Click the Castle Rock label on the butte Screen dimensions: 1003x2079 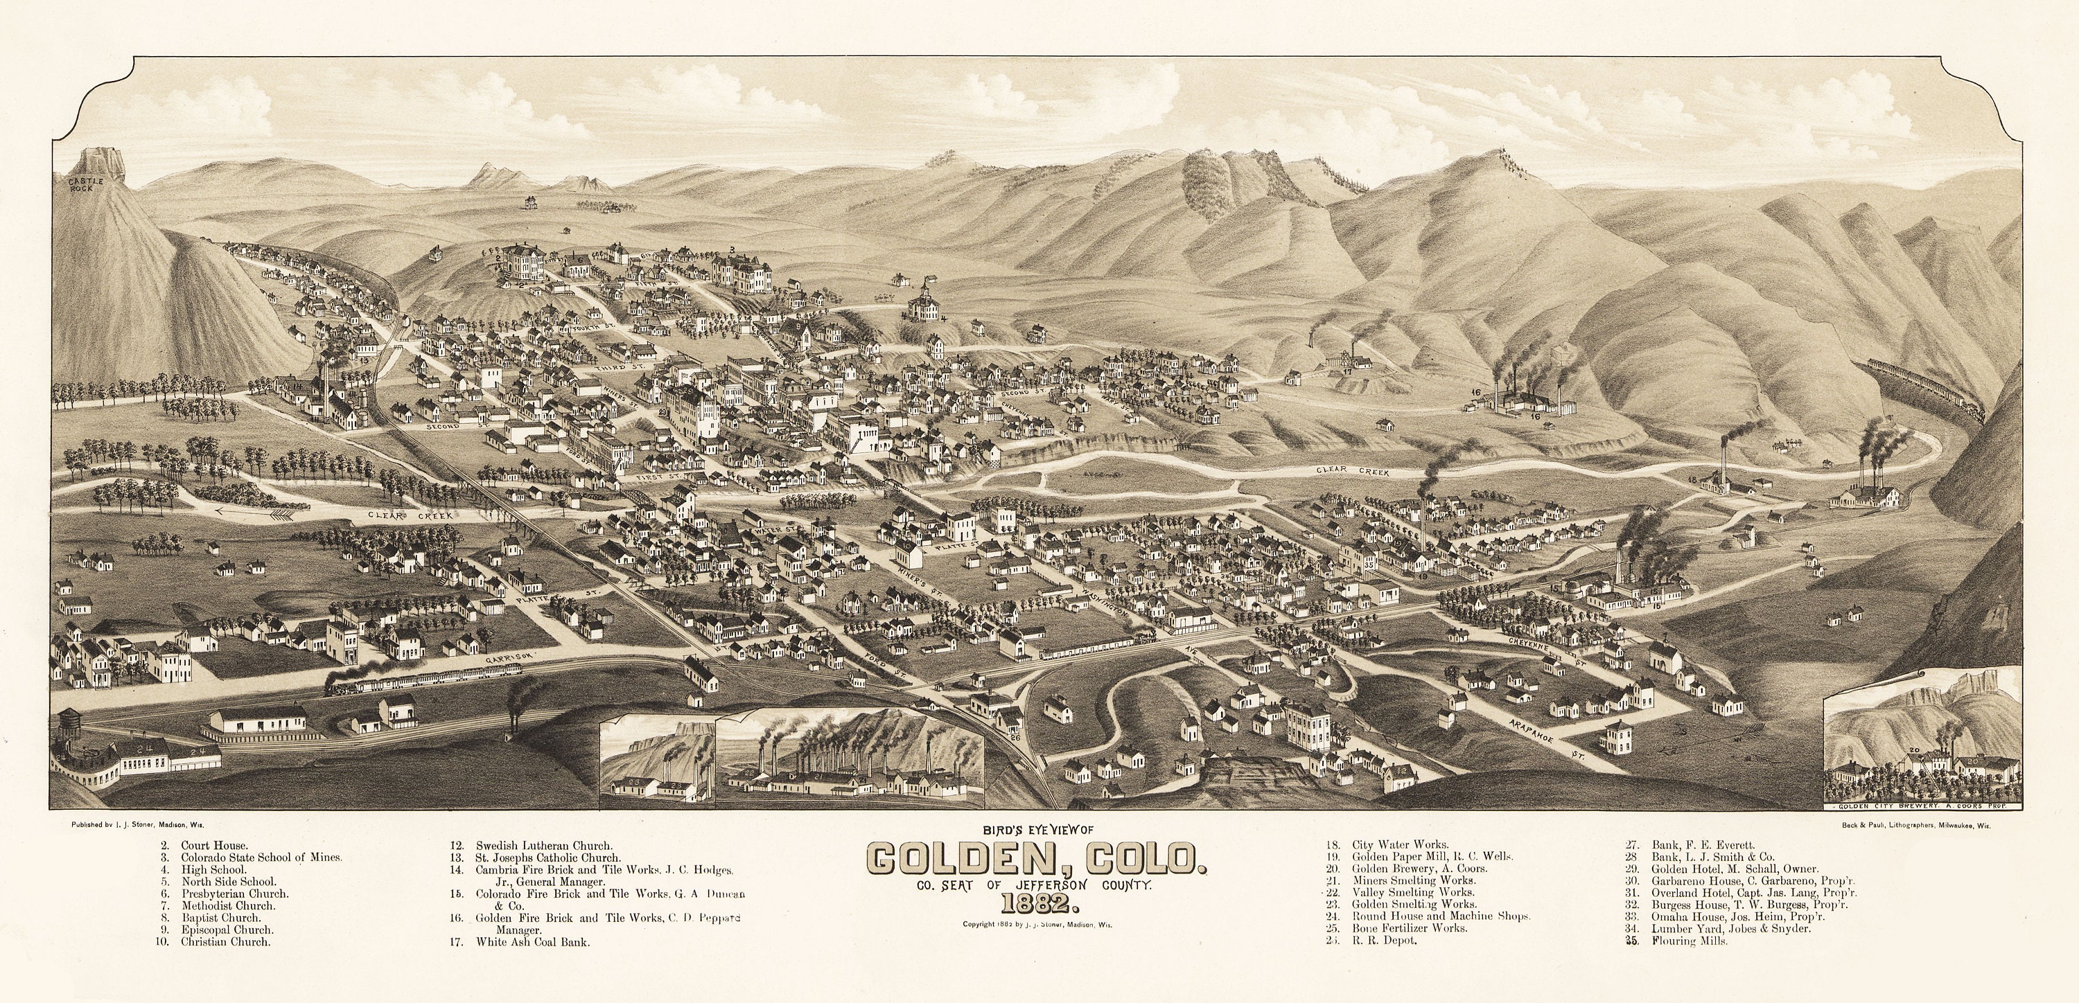92,186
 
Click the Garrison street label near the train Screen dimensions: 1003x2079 511,659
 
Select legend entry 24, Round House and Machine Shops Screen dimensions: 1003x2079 1440,916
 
